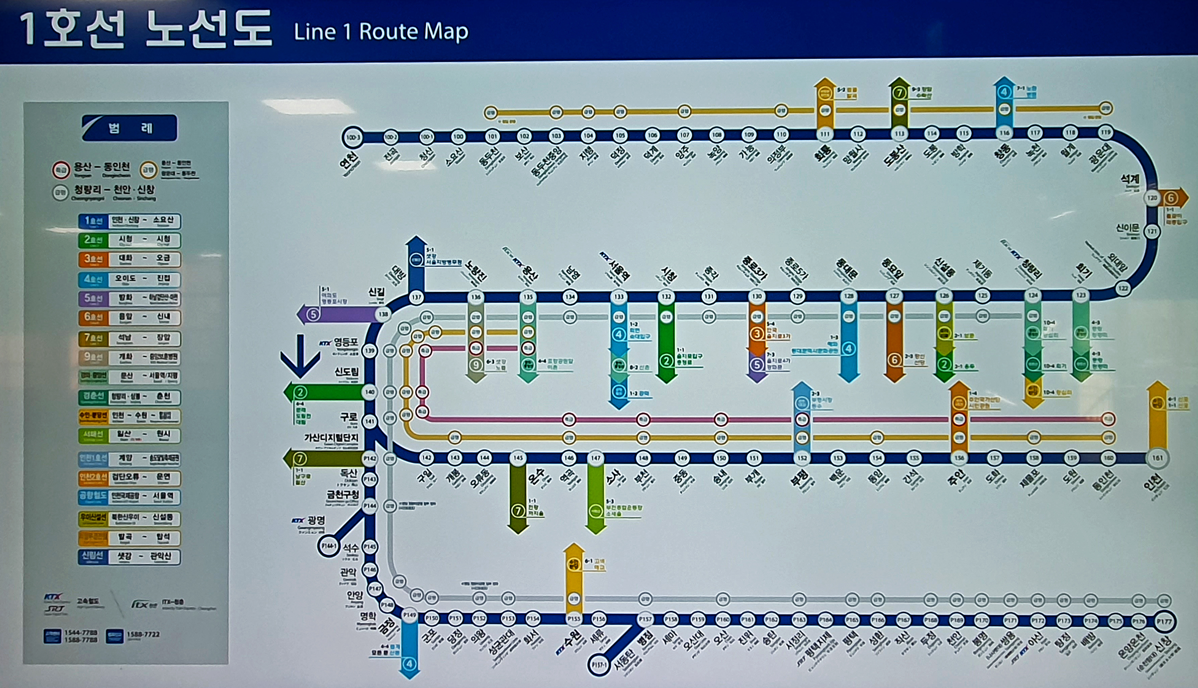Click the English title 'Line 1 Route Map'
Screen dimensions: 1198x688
click(x=381, y=31)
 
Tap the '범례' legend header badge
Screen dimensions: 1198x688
click(x=129, y=128)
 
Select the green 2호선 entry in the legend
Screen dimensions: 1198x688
click(x=129, y=240)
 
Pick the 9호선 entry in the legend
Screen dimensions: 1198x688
click(x=129, y=357)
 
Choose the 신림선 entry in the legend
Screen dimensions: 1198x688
click(x=129, y=556)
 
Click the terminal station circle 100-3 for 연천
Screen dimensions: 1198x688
click(x=352, y=137)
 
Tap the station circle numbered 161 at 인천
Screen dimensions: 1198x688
click(x=1157, y=458)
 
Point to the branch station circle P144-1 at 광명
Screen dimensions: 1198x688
click(x=328, y=546)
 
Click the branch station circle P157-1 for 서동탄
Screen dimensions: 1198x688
click(x=599, y=665)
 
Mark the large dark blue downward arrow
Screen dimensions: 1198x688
click(x=300, y=356)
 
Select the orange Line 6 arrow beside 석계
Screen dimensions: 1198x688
click(x=1173, y=198)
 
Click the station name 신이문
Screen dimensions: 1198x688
click(x=1128, y=228)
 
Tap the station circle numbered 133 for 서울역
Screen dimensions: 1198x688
click(x=619, y=297)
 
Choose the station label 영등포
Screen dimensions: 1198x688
click(x=346, y=342)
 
